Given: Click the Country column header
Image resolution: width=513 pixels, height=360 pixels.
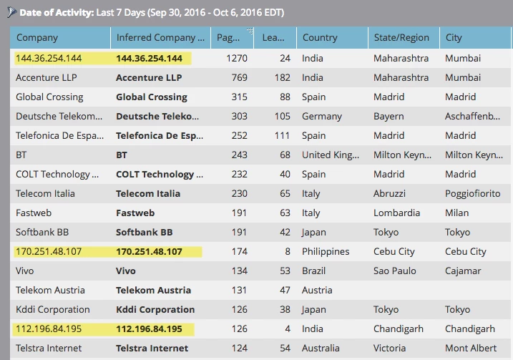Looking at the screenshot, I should (319, 37).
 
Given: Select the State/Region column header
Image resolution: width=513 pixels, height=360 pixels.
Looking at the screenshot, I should (401, 37).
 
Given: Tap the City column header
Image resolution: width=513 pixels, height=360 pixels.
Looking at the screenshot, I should (454, 37).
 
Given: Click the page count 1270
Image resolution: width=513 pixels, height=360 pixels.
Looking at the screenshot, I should (237, 58).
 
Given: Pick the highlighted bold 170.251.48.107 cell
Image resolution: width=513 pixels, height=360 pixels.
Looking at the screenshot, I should (149, 252).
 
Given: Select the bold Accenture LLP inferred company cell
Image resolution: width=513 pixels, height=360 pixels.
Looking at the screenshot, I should (149, 77).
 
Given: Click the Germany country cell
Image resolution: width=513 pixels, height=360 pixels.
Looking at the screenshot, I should (321, 116).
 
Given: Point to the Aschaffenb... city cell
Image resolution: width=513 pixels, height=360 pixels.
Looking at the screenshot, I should (472, 116).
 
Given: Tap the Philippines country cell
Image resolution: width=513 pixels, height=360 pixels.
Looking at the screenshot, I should (326, 252).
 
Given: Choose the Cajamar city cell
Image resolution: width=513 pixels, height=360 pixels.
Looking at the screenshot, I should (463, 271).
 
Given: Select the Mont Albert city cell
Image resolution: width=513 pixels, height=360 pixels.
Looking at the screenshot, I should (472, 349).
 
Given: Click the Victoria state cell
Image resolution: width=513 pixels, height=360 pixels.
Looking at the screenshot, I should (390, 349).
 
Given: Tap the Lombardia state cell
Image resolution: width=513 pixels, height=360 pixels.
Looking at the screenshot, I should (396, 213).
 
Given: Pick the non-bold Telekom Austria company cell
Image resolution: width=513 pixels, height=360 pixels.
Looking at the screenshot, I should (50, 291).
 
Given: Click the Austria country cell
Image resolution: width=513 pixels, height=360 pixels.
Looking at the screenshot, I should (317, 291).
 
